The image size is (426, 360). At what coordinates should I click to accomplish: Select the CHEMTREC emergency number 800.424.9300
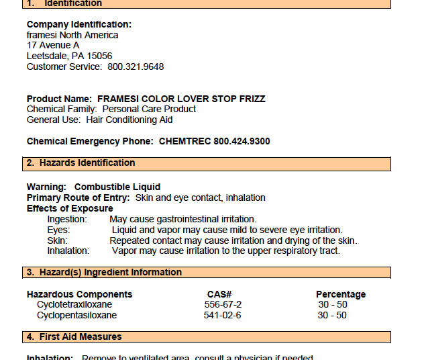click(242, 142)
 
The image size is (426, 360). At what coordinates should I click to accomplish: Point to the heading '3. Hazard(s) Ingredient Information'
click(104, 273)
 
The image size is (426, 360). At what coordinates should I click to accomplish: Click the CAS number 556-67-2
click(223, 305)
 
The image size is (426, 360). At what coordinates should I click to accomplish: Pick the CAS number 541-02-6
click(223, 316)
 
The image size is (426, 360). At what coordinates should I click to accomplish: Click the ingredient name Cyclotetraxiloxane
click(74, 305)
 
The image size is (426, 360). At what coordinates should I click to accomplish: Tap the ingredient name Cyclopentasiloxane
click(76, 316)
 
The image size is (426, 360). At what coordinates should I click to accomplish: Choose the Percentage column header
click(341, 294)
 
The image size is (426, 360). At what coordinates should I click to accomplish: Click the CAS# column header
click(219, 294)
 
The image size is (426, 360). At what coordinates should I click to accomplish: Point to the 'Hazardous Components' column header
click(80, 294)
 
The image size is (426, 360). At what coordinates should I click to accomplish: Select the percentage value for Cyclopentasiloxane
click(332, 316)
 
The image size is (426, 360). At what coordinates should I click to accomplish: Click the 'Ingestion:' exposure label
click(67, 220)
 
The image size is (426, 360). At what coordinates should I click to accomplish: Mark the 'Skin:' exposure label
click(57, 240)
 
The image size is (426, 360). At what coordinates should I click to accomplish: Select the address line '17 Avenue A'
click(53, 46)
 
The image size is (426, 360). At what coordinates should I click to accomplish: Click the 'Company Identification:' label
click(79, 25)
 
